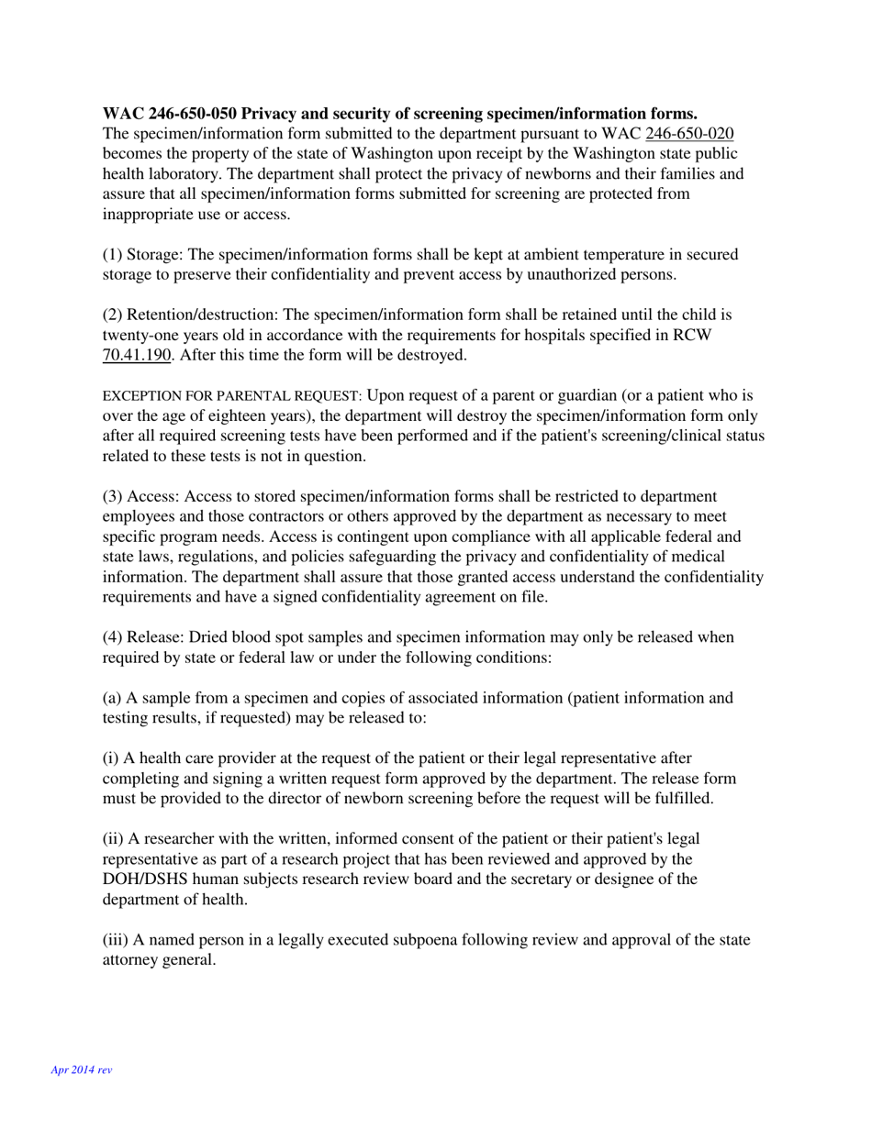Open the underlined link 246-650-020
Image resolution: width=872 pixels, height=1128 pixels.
click(x=689, y=134)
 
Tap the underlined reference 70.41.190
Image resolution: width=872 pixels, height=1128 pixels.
click(x=137, y=355)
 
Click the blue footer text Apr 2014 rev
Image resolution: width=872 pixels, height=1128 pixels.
click(x=82, y=1069)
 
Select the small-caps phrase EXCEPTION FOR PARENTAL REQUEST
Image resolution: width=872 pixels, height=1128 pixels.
click(x=232, y=396)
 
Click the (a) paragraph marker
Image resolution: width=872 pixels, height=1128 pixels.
click(x=112, y=698)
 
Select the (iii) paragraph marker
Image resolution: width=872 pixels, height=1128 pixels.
click(x=116, y=940)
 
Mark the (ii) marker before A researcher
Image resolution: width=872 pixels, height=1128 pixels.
click(x=114, y=839)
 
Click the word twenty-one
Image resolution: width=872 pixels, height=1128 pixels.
click(x=140, y=335)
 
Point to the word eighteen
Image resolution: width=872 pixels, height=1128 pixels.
click(x=229, y=415)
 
